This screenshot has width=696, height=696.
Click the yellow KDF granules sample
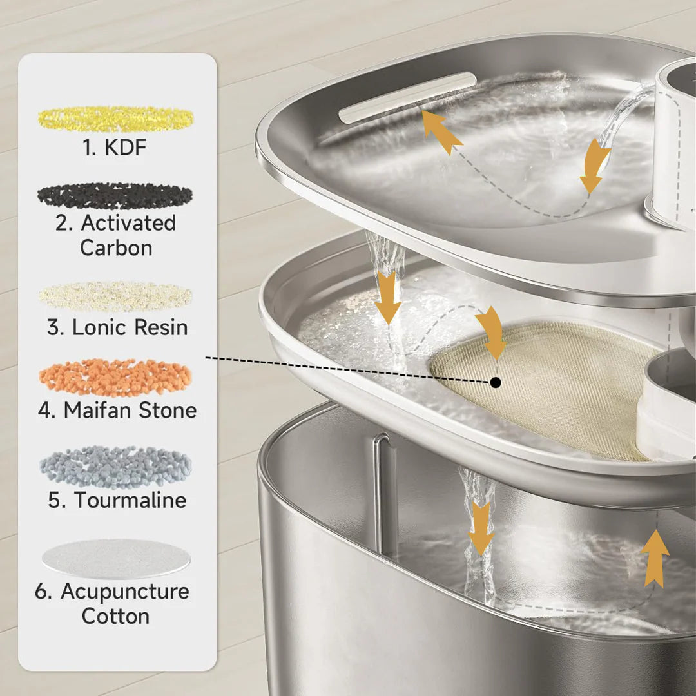[x=115, y=119]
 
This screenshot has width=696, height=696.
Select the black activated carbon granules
[x=115, y=196]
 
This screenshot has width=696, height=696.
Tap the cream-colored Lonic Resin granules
[x=115, y=296]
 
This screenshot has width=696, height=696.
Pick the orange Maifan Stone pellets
[x=115, y=378]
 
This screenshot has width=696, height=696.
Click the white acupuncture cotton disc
[x=116, y=559]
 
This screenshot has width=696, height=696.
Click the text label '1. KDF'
[x=115, y=148]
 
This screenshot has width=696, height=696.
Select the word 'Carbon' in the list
[x=116, y=248]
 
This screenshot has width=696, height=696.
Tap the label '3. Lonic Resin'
[x=117, y=327]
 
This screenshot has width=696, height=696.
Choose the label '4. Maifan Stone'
[x=117, y=411]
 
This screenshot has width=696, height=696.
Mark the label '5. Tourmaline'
[x=117, y=500]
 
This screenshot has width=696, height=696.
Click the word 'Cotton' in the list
[x=115, y=616]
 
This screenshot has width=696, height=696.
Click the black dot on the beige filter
[x=495, y=383]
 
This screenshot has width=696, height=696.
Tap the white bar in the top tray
[x=407, y=97]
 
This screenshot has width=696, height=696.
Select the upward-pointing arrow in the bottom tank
[x=655, y=558]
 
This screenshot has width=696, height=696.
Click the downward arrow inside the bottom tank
[x=481, y=528]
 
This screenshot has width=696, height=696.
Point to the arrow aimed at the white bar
[x=441, y=131]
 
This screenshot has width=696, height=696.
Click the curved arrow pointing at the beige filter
[x=492, y=331]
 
